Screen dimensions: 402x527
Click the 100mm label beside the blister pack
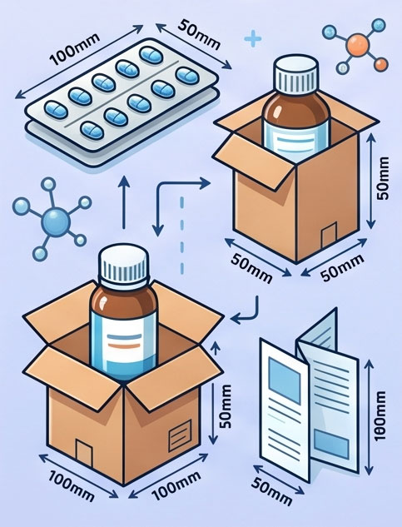(x=75, y=49)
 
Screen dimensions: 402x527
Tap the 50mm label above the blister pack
(x=199, y=35)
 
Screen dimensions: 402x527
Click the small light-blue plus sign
(x=253, y=39)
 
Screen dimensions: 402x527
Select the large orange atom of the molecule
(x=358, y=43)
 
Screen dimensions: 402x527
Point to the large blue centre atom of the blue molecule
(x=56, y=222)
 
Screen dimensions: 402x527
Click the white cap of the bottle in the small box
(x=295, y=75)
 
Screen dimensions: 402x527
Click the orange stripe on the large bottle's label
(x=123, y=346)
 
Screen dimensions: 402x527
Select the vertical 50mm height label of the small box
(x=383, y=178)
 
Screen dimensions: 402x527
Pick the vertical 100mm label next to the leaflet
(x=380, y=415)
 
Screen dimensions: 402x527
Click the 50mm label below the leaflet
(x=271, y=491)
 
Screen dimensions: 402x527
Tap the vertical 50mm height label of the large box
(x=225, y=406)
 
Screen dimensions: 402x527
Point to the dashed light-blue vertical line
(x=182, y=236)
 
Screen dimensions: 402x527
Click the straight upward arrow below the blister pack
(x=124, y=202)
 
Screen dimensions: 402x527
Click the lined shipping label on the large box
(x=180, y=435)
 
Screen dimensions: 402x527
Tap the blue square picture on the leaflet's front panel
(x=284, y=380)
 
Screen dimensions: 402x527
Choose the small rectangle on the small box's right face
(x=329, y=234)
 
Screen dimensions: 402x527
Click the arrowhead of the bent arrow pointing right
(x=206, y=183)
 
